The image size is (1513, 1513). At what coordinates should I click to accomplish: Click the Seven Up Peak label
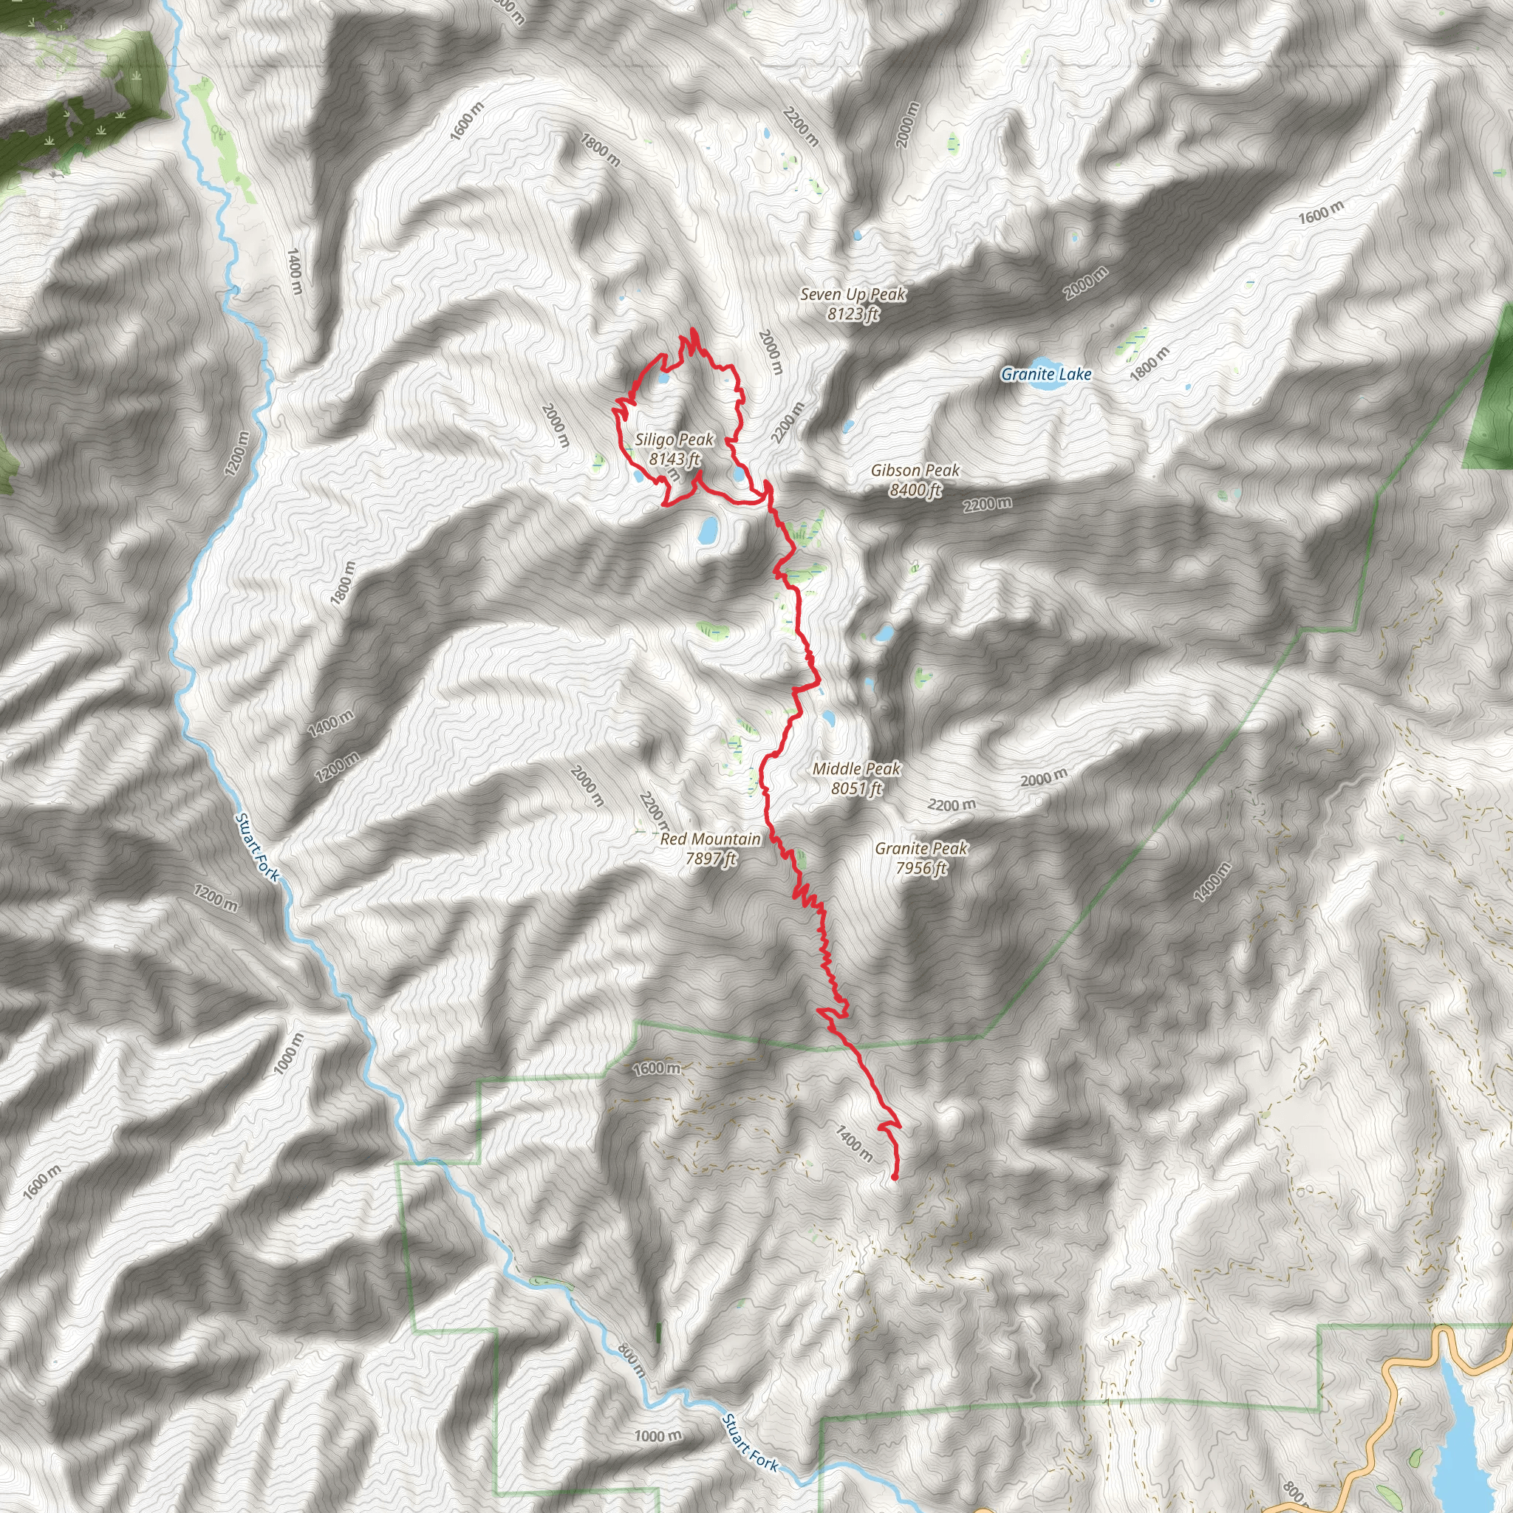point(853,295)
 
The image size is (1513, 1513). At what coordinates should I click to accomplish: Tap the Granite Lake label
point(1046,375)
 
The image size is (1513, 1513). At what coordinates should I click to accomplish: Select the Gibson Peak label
point(915,471)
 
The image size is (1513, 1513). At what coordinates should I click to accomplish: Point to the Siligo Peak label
point(674,440)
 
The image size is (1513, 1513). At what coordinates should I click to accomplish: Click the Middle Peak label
point(857,769)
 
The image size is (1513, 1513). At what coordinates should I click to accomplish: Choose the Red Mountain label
point(710,839)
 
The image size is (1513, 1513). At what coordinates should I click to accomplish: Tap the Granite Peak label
point(921,848)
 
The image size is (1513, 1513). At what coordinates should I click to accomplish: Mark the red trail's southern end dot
point(895,1177)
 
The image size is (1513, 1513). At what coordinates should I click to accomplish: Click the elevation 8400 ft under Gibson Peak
point(915,491)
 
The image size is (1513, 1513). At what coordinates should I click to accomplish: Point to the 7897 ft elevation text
point(710,859)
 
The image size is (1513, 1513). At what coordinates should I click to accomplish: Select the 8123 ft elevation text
point(853,314)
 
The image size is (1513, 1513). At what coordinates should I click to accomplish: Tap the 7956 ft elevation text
point(921,868)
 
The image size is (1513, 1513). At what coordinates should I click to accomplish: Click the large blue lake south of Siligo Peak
point(708,531)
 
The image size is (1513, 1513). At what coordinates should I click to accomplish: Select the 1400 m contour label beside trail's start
point(853,1144)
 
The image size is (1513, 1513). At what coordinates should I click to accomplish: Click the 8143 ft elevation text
point(674,460)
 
